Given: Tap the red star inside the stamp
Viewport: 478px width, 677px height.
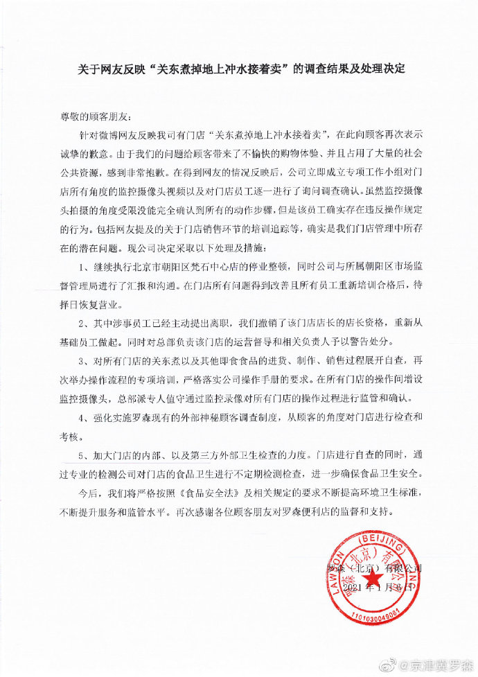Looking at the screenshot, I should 374,579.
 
